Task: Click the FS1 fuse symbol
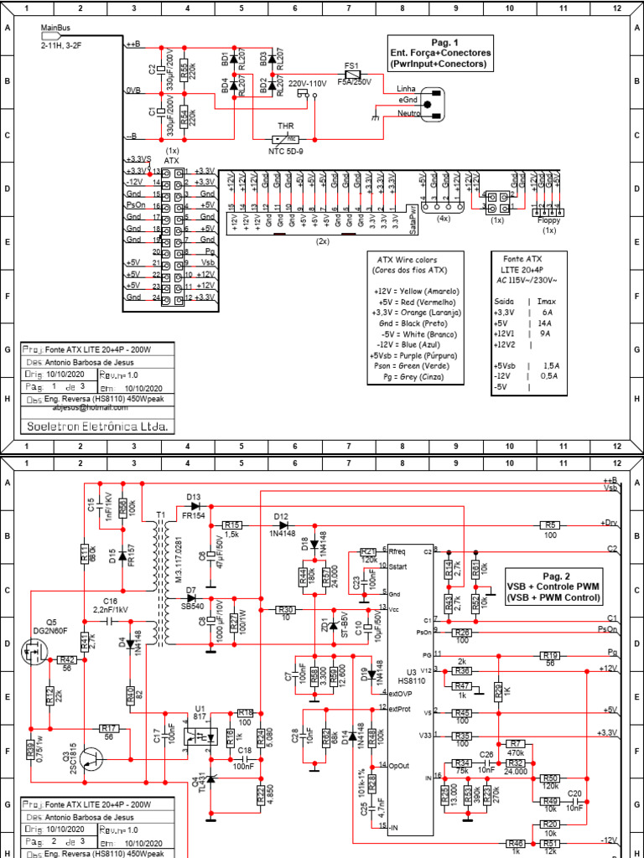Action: pos(352,74)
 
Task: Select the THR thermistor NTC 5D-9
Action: pos(286,139)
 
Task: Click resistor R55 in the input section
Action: pos(184,67)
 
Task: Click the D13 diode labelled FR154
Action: pos(195,505)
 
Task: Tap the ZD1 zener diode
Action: pos(333,626)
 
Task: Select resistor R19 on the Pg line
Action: pos(550,655)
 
